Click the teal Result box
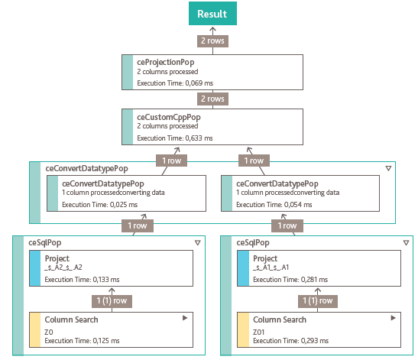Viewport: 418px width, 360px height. tap(212, 13)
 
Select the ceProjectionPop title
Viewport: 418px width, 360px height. tap(166, 63)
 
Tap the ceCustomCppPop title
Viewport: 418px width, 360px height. tap(169, 118)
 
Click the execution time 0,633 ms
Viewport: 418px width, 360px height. tap(175, 138)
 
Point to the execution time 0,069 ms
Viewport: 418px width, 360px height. tap(175, 83)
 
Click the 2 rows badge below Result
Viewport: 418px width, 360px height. tap(212, 41)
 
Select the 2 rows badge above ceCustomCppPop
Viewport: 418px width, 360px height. tap(212, 99)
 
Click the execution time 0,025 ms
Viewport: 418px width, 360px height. tap(99, 205)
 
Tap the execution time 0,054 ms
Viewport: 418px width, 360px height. tap(274, 205)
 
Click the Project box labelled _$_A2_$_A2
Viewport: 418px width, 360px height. tap(111, 268)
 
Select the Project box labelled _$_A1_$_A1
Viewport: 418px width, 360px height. tap(319, 268)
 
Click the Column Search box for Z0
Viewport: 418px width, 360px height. tap(111, 330)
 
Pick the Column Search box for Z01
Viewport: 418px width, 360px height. tap(319, 330)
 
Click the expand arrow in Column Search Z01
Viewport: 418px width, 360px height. tap(394, 318)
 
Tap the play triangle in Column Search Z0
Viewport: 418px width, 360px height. tap(185, 318)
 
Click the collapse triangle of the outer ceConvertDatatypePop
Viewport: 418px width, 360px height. tap(388, 168)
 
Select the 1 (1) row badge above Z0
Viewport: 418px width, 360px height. tap(112, 301)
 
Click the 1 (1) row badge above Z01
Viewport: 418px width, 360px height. tap(318, 301)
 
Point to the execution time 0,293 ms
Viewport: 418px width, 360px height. tap(291, 341)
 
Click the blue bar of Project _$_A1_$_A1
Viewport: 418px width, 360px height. tap(243, 268)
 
